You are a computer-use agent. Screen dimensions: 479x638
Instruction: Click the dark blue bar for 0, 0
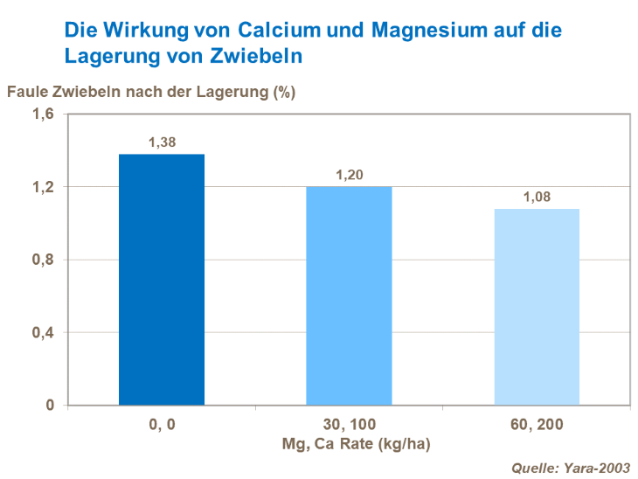(x=162, y=280)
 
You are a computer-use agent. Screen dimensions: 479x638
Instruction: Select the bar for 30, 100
(x=349, y=295)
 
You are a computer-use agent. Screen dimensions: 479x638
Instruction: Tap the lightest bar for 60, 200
(x=537, y=307)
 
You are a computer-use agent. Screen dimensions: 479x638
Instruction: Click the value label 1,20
(x=350, y=175)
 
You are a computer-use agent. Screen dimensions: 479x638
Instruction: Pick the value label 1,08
(x=537, y=197)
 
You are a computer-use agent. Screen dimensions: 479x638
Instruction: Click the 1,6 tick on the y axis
(x=44, y=114)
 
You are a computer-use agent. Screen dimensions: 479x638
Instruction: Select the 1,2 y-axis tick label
(x=44, y=187)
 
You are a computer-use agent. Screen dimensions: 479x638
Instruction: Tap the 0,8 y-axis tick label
(x=44, y=260)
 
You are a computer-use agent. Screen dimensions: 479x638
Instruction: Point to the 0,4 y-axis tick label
(x=44, y=333)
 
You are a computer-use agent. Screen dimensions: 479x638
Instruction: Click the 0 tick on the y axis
(x=51, y=406)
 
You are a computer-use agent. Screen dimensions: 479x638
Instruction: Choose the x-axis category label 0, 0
(x=162, y=426)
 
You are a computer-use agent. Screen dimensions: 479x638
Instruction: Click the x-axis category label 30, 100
(x=350, y=426)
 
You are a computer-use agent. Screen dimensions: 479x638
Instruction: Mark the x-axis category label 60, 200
(x=537, y=426)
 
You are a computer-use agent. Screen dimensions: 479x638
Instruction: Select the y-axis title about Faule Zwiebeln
(x=151, y=92)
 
